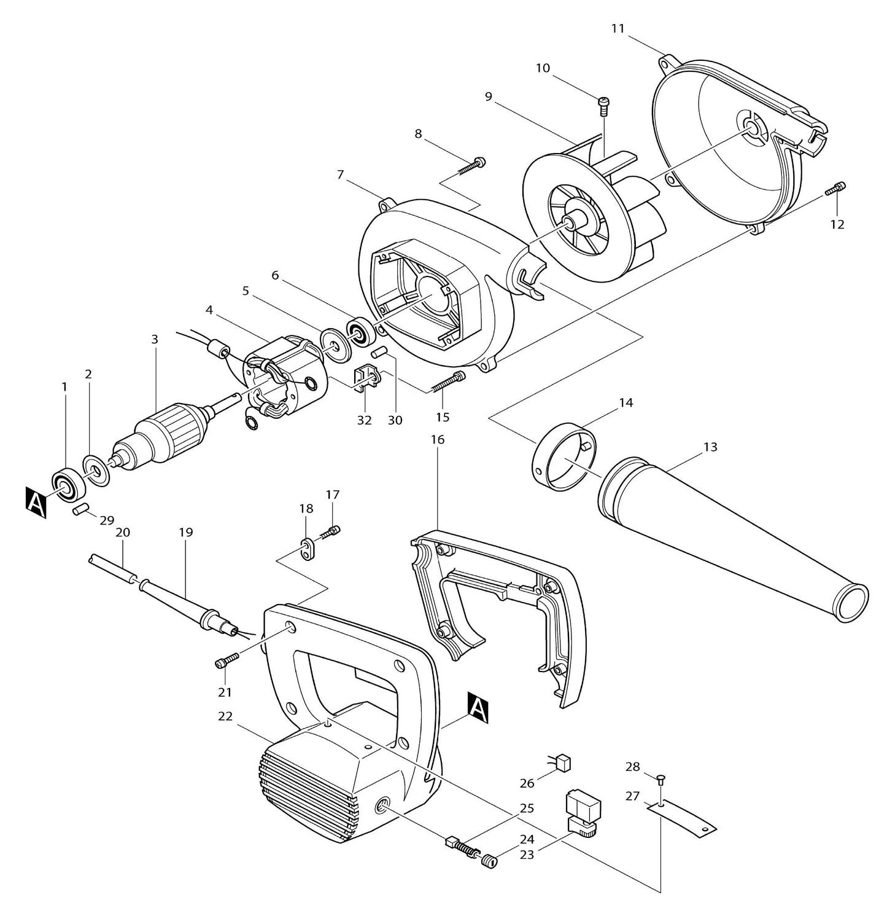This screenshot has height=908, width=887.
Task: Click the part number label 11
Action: [x=618, y=29]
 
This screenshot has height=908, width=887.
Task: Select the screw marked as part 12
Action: [x=836, y=189]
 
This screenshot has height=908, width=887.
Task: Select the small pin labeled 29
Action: [x=81, y=509]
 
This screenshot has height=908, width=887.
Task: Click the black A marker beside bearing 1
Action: [x=35, y=501]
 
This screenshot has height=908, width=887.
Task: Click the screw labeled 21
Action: [x=225, y=662]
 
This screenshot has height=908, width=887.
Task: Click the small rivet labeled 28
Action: [x=660, y=780]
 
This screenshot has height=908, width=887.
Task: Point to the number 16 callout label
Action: [x=437, y=440]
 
